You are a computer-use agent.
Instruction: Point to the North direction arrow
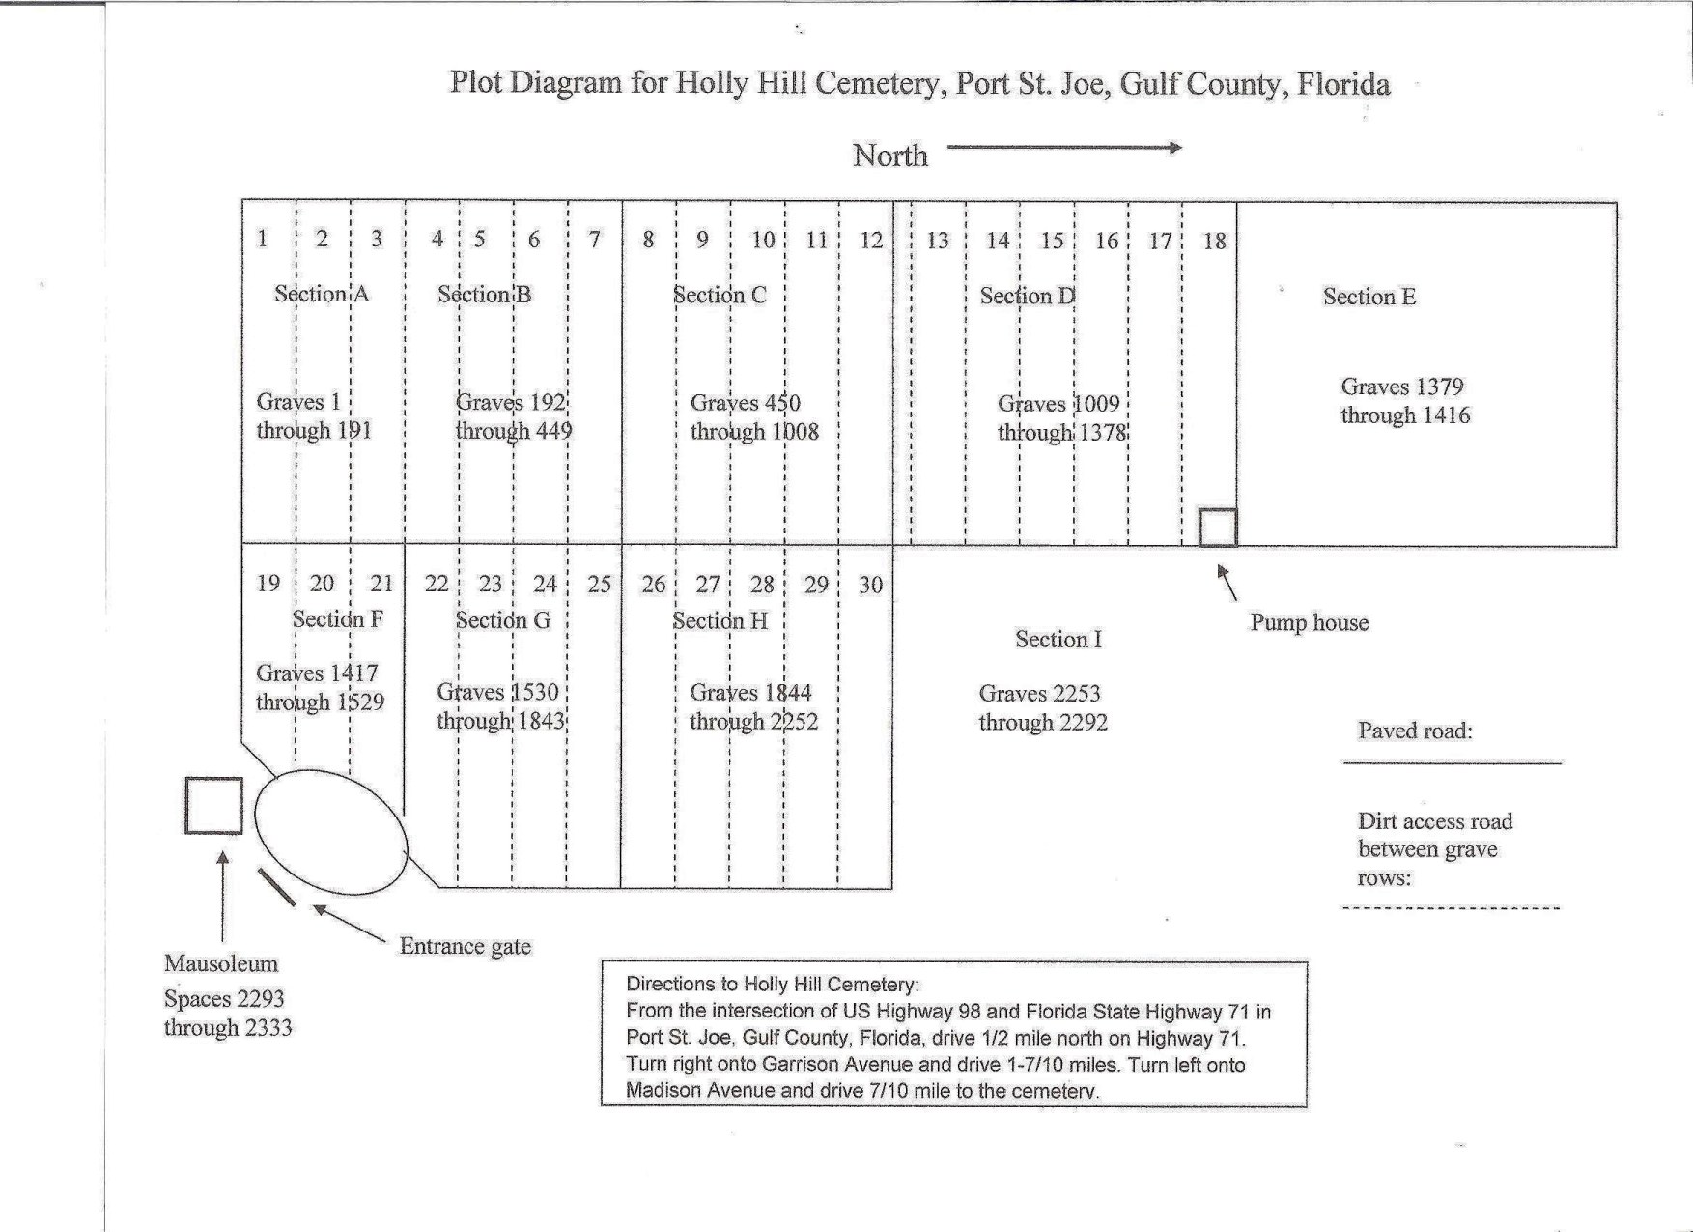[1064, 148]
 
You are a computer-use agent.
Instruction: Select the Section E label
[1369, 297]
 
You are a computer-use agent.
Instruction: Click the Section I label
[1058, 639]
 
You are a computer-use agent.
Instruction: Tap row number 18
[1214, 241]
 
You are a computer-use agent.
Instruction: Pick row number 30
[871, 585]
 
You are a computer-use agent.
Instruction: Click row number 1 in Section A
[262, 238]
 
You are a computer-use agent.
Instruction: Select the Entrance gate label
[466, 946]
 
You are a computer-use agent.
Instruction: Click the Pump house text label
[1310, 622]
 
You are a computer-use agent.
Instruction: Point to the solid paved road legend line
[1453, 763]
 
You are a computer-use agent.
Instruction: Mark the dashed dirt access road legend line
[1451, 908]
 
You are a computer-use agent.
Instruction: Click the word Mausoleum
[221, 963]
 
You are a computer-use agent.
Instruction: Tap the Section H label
[720, 620]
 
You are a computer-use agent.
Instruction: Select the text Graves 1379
[1402, 387]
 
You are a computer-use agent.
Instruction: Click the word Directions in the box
[671, 985]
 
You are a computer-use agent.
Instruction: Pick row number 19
[268, 583]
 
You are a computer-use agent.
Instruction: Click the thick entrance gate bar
[277, 887]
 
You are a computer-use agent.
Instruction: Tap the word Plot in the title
[475, 82]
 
